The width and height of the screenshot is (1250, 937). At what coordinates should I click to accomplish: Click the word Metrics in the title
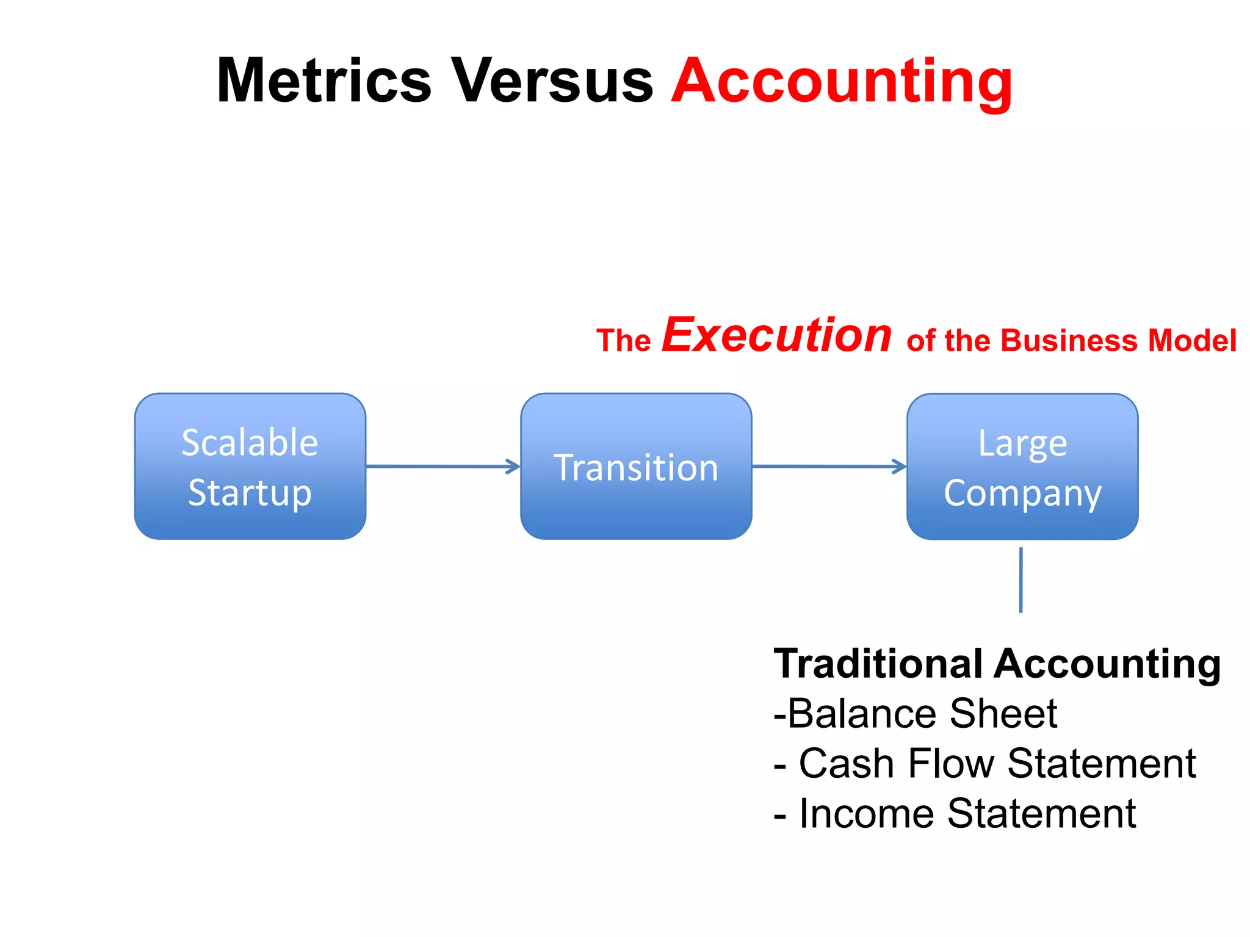click(324, 81)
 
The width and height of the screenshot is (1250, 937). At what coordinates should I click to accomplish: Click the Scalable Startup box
click(250, 467)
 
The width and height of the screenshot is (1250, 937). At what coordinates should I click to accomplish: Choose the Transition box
click(636, 467)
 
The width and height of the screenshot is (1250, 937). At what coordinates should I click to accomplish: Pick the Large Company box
click(1022, 467)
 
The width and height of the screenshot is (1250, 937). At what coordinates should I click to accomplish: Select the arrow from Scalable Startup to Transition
click(443, 467)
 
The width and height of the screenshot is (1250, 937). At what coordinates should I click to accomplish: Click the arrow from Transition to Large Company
click(829, 467)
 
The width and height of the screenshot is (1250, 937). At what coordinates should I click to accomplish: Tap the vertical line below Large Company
click(1021, 580)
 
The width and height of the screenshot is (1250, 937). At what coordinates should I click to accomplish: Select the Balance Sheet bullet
click(915, 713)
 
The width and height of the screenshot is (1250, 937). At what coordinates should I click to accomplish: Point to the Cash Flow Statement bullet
click(984, 763)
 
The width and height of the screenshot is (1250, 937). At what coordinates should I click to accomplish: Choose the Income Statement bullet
click(955, 813)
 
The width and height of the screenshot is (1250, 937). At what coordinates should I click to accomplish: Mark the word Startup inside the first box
click(250, 493)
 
